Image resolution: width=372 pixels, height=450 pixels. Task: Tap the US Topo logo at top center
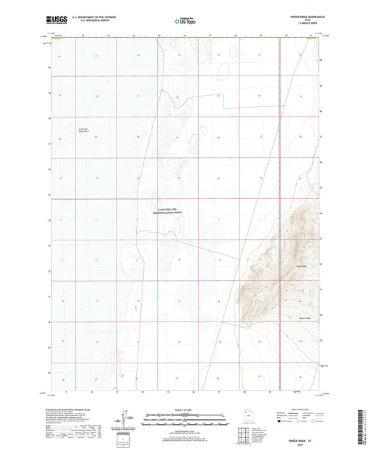[x=185, y=21]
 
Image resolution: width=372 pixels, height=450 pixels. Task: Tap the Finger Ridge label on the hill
[x=302, y=266]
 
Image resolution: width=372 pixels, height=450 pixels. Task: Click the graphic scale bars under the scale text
[x=186, y=419]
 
